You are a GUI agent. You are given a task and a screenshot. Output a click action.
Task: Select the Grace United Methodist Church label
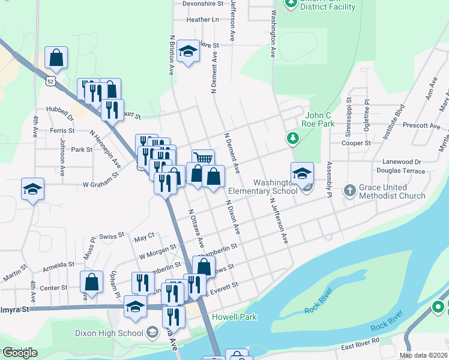click(392, 191)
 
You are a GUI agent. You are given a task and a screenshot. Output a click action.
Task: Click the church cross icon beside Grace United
click(350, 190)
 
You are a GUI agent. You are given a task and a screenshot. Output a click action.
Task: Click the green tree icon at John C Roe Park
click(292, 139)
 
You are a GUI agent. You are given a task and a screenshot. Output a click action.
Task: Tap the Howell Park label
click(231, 316)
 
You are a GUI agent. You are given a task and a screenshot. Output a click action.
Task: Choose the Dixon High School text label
click(109, 332)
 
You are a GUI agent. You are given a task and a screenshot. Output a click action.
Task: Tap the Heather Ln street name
click(202, 20)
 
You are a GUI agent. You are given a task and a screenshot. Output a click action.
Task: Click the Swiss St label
click(112, 236)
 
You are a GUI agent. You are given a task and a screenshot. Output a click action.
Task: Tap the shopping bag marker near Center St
click(91, 281)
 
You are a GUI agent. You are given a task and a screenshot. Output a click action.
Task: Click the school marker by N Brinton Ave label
click(188, 52)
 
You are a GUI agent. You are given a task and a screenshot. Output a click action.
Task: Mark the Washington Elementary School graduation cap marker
click(302, 173)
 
